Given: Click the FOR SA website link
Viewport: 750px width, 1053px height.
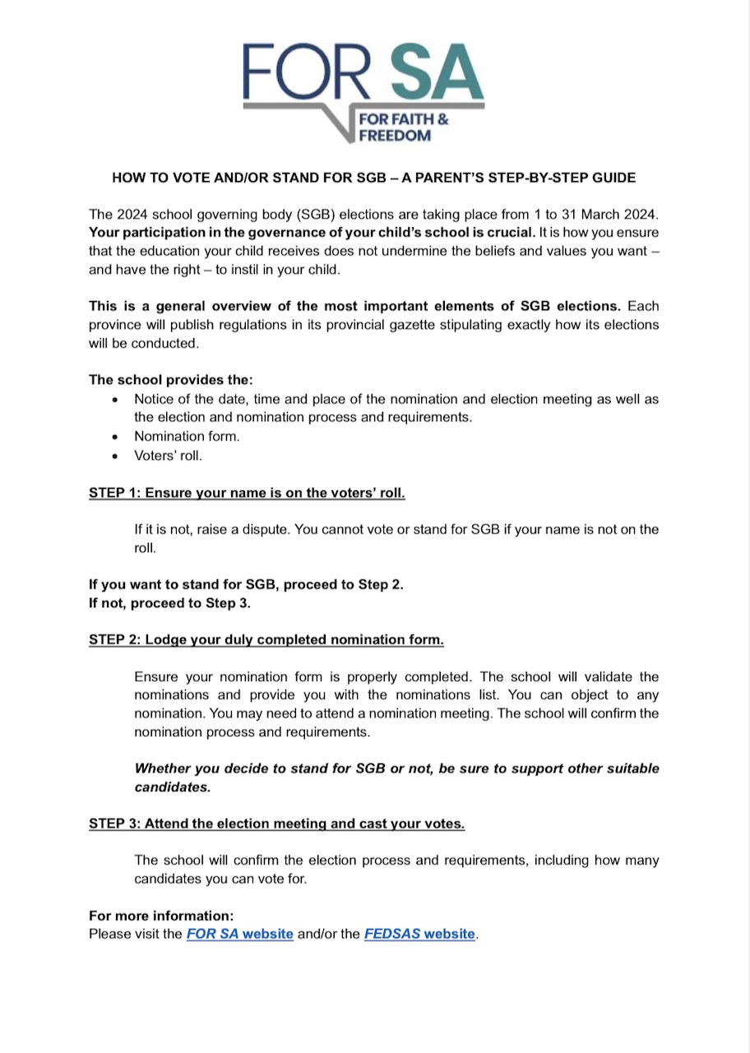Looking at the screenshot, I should (x=239, y=934).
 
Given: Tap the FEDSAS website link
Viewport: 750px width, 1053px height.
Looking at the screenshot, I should (x=419, y=934).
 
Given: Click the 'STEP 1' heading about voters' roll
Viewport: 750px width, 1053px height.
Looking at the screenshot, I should (x=247, y=493).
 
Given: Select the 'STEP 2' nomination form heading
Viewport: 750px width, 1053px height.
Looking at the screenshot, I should (x=266, y=639).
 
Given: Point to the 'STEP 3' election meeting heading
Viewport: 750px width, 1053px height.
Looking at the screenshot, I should (x=276, y=823).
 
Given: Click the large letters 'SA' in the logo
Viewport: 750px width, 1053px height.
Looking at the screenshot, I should (x=434, y=72).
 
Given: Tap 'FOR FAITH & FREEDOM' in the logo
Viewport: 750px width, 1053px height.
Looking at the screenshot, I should (x=403, y=128).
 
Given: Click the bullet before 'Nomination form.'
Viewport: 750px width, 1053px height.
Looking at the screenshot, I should (x=115, y=437).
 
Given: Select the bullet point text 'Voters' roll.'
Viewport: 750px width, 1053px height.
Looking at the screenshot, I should (x=168, y=455).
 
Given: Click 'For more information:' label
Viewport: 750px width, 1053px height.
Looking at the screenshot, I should (x=161, y=916).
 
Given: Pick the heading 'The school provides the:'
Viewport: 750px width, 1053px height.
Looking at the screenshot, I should (x=171, y=380).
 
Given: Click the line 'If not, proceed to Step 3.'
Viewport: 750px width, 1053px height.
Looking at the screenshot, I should (x=169, y=602).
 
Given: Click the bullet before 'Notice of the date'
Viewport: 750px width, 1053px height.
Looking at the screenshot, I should (x=115, y=400).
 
